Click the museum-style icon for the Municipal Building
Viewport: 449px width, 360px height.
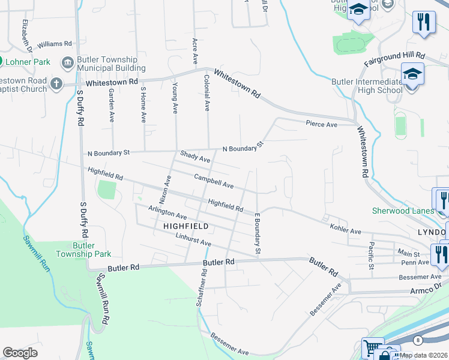tap(67, 62)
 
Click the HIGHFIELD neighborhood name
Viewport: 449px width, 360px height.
tap(185, 226)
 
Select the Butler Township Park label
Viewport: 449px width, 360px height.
tap(83, 250)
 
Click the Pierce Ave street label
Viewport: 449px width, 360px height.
tap(322, 124)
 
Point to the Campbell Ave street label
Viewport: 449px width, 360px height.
tap(213, 181)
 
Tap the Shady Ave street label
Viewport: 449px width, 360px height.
tap(196, 157)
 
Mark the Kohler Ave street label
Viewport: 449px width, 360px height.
tap(346, 228)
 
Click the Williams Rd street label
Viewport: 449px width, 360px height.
tap(54, 44)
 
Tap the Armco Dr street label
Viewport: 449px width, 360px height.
tap(426, 290)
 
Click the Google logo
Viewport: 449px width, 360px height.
tap(20, 353)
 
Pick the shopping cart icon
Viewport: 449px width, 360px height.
tap(372, 348)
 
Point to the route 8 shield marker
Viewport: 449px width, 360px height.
tap(418, 340)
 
